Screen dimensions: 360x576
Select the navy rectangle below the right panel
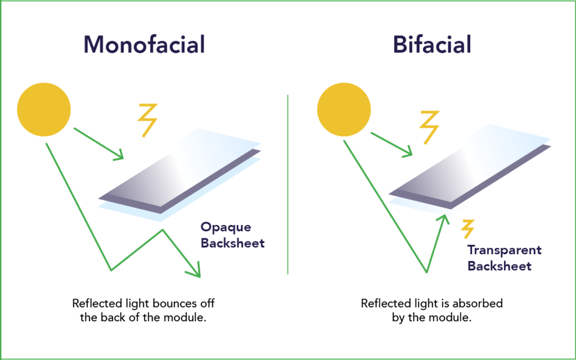click(520, 262)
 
